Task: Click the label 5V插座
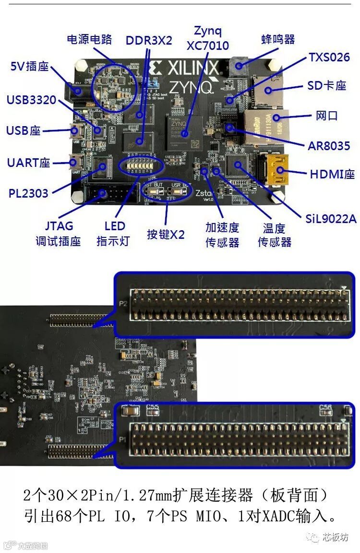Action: pyautogui.click(x=29, y=67)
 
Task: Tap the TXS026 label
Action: pyautogui.click(x=329, y=58)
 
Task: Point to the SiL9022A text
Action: pyautogui.click(x=331, y=219)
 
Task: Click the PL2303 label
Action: pyautogui.click(x=28, y=193)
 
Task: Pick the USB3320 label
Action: pyautogui.click(x=31, y=100)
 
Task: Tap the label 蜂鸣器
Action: pyautogui.click(x=278, y=39)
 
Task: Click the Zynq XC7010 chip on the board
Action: pyautogui.click(x=183, y=129)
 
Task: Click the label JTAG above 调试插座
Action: pyautogui.click(x=59, y=225)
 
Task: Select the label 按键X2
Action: pyautogui.click(x=166, y=235)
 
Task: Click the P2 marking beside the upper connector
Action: pyautogui.click(x=122, y=304)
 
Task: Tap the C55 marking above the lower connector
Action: pyautogui.click(x=152, y=408)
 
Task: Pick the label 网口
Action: pyautogui.click(x=327, y=116)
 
